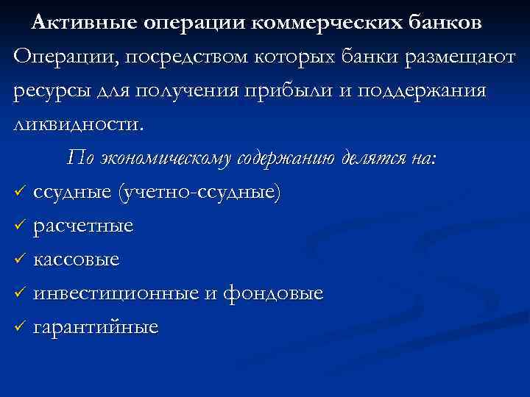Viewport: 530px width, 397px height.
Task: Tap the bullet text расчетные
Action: point(83,226)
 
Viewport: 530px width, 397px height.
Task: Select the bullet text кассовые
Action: point(77,260)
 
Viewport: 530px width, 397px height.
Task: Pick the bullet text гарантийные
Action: point(95,327)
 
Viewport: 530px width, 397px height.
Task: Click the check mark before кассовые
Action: point(20,260)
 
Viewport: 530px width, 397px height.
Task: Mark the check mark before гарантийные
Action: point(20,327)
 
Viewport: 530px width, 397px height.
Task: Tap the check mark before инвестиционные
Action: point(20,293)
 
